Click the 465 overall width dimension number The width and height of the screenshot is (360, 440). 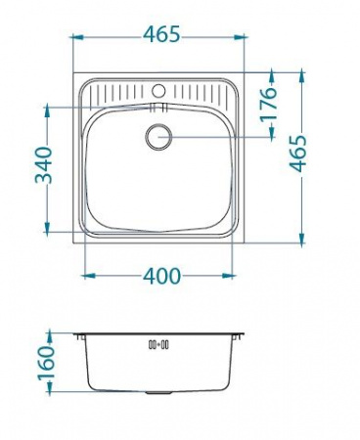[160, 35]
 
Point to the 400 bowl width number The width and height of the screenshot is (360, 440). [160, 276]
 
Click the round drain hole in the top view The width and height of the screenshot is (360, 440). [159, 137]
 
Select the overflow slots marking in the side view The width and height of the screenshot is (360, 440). [158, 344]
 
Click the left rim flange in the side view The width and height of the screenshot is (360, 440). [79, 335]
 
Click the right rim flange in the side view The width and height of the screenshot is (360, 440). [240, 335]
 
